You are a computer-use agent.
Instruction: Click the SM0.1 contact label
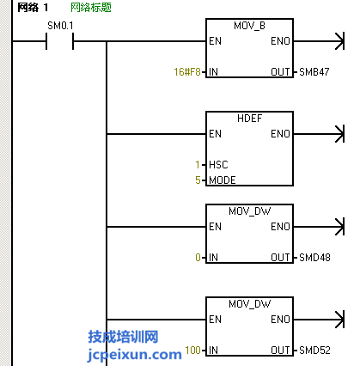click(60, 26)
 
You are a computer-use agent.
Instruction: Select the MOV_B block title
click(249, 26)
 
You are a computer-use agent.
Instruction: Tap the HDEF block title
click(249, 119)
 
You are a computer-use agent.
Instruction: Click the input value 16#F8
click(187, 71)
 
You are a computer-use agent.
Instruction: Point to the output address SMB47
click(314, 71)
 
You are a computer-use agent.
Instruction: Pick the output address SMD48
click(314, 258)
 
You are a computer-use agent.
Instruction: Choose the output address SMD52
click(314, 350)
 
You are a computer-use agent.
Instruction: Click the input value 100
click(192, 350)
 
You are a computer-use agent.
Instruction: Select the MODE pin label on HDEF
click(223, 180)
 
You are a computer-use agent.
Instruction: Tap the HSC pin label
click(218, 165)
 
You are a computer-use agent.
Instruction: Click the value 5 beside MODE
click(198, 180)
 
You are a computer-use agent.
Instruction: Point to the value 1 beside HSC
click(198, 165)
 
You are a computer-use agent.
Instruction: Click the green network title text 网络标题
click(91, 8)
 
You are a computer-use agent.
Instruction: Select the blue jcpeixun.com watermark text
click(134, 355)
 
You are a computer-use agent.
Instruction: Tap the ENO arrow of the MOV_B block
click(319, 41)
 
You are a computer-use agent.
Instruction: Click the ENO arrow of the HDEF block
click(319, 134)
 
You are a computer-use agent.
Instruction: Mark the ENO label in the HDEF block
click(280, 134)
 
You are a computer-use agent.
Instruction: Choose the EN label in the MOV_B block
click(215, 41)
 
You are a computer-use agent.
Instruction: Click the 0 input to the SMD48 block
click(198, 258)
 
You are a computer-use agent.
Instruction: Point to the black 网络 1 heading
click(33, 8)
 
